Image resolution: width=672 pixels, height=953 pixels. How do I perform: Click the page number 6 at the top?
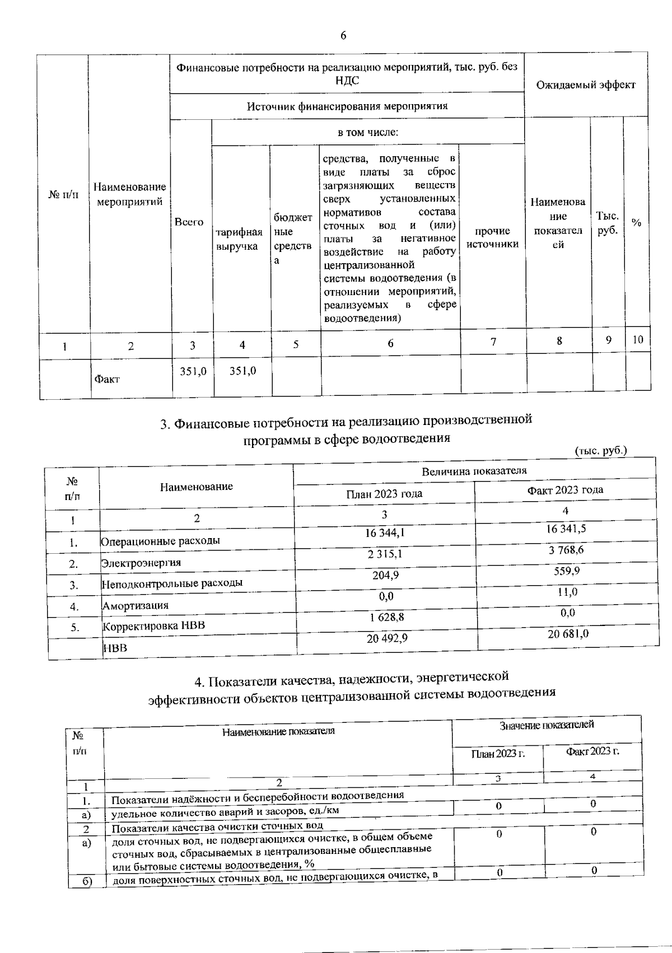click(x=343, y=35)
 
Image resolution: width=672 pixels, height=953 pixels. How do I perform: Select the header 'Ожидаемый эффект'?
click(x=586, y=85)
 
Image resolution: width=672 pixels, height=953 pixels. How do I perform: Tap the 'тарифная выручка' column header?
click(x=239, y=239)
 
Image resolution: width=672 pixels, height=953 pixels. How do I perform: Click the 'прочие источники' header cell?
click(x=493, y=237)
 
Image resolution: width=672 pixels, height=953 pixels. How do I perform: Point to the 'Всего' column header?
click(x=189, y=222)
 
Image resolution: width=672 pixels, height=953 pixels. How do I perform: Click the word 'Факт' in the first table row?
click(x=107, y=379)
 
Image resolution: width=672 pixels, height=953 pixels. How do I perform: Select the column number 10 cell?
click(x=637, y=339)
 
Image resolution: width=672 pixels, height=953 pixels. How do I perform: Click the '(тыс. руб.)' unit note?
click(x=601, y=450)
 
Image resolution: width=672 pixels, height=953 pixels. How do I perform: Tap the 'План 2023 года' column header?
click(x=384, y=493)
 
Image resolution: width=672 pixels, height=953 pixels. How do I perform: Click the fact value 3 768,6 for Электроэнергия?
click(x=566, y=550)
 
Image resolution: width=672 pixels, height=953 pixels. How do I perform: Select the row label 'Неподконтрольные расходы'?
click(x=172, y=583)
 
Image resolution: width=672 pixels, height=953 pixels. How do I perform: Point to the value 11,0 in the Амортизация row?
click(x=567, y=592)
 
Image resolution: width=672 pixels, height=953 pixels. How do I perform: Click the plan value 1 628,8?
click(x=386, y=616)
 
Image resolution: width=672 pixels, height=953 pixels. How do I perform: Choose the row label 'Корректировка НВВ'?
click(x=154, y=625)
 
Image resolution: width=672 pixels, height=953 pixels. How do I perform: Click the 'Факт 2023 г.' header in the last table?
click(x=592, y=751)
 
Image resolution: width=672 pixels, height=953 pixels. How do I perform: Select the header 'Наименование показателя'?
click(x=278, y=731)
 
